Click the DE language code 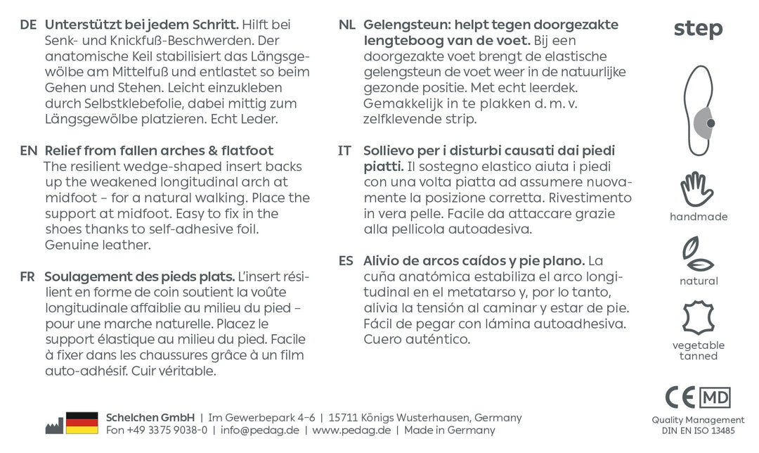point(28,25)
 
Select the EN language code point(28,151)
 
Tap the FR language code point(28,276)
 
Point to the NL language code point(346,25)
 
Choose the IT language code point(345,151)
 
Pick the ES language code point(346,261)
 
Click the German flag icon point(82,423)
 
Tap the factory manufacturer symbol point(54,426)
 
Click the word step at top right point(698,29)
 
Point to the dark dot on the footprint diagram point(711,123)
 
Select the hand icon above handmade point(697,189)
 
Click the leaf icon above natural point(698,255)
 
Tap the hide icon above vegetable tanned point(698,318)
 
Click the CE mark point(680,397)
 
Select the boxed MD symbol point(715,397)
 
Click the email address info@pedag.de point(260,430)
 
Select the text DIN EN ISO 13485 point(698,430)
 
